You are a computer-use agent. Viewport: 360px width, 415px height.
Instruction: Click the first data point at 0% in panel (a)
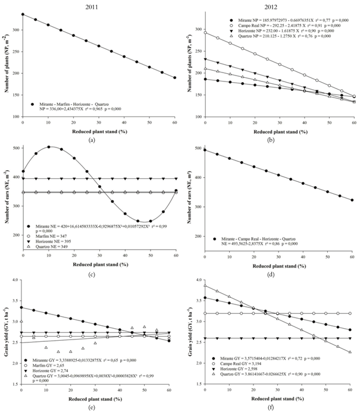23,14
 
